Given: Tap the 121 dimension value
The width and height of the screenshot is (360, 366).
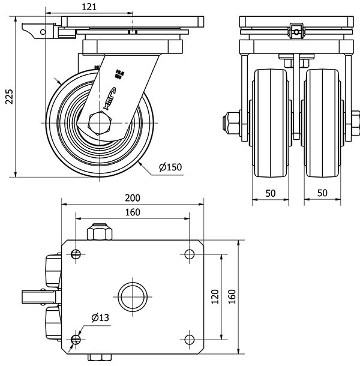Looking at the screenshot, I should [89, 7].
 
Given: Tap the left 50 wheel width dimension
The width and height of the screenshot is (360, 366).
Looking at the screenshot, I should [270, 193].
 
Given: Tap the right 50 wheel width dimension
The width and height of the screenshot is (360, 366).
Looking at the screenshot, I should [322, 193].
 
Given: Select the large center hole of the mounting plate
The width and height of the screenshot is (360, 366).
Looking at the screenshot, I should [131, 296].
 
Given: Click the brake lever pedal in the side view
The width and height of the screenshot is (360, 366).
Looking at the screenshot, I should [36, 28].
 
